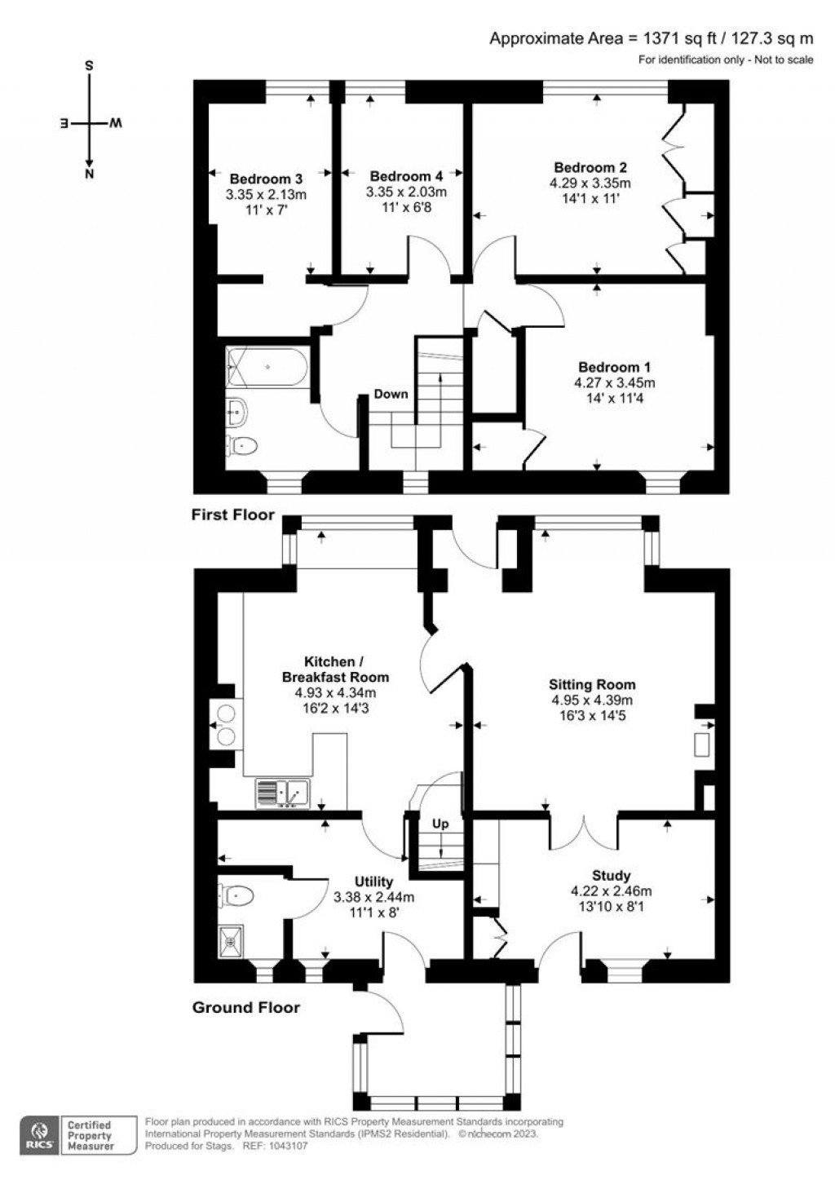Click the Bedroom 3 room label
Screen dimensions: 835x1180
pos(266,179)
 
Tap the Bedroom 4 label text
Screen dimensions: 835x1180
pos(406,176)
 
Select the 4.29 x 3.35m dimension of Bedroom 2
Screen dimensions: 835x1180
pos(590,183)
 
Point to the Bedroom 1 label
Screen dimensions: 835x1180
pos(614,367)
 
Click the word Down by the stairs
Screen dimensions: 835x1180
pos(391,394)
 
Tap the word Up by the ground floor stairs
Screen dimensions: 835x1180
pos(440,824)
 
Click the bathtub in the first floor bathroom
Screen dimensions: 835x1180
pos(267,367)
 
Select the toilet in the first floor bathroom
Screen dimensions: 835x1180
pos(241,447)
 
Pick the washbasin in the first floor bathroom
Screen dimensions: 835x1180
pos(237,410)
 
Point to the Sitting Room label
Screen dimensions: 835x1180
pos(592,684)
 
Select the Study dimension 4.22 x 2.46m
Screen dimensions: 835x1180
pos(611,891)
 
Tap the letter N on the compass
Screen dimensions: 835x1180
pos(90,175)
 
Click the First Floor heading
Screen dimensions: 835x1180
pos(233,515)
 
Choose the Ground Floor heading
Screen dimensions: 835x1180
pos(246,1008)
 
